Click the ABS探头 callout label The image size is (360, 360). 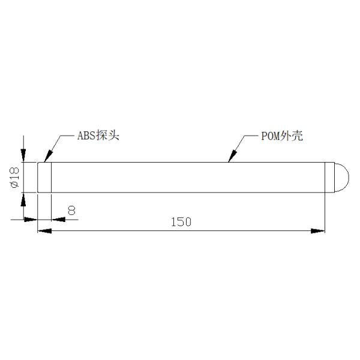point(99,136)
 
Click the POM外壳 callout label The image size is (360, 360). point(282,136)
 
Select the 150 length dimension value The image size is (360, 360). point(181,222)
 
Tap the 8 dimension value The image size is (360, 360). point(71,211)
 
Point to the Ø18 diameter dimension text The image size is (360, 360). point(16,178)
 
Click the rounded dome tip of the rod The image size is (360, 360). point(340,177)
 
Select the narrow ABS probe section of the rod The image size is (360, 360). point(44,177)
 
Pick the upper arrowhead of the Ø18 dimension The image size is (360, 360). point(23,157)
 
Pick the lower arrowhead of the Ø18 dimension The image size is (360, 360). point(23,197)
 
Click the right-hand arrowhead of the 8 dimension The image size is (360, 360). point(56,220)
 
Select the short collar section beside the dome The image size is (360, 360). point(329,177)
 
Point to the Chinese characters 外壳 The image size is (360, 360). point(293,136)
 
